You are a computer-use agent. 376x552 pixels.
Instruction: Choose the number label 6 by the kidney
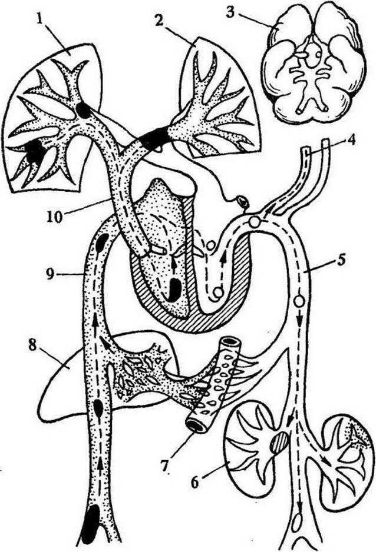coord(195,481)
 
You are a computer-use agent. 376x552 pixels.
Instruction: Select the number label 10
coord(54,215)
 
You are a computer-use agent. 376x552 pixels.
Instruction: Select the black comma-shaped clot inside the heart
coord(173,290)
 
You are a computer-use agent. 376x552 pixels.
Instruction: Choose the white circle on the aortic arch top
coord(254,222)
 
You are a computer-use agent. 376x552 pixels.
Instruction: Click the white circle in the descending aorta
coord(299,301)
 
